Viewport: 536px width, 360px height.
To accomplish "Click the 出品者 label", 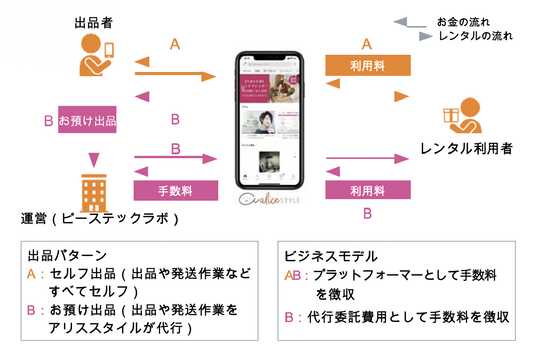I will (x=93, y=23).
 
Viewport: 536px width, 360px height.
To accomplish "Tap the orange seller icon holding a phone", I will (x=96, y=55).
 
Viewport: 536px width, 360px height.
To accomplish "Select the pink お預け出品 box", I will (x=87, y=120).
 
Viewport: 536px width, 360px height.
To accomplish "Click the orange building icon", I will (x=94, y=193).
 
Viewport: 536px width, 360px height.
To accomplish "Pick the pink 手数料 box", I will (x=176, y=191).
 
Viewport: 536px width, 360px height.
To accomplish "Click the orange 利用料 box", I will (x=368, y=65).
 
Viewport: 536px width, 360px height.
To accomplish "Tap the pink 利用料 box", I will (x=368, y=190).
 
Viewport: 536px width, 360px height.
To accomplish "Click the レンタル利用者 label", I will (x=466, y=149).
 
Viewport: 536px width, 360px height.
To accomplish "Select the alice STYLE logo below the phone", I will (x=270, y=200).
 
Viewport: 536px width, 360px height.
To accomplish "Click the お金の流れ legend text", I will (x=463, y=22).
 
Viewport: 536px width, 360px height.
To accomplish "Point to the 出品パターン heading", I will (x=67, y=255).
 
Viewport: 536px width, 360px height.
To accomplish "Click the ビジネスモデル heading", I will (x=331, y=256).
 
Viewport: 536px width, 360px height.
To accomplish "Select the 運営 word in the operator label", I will (x=34, y=219).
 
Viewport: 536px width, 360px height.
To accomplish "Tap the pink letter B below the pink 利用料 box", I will (x=368, y=213).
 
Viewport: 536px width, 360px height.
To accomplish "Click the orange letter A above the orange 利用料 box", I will (x=367, y=44).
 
